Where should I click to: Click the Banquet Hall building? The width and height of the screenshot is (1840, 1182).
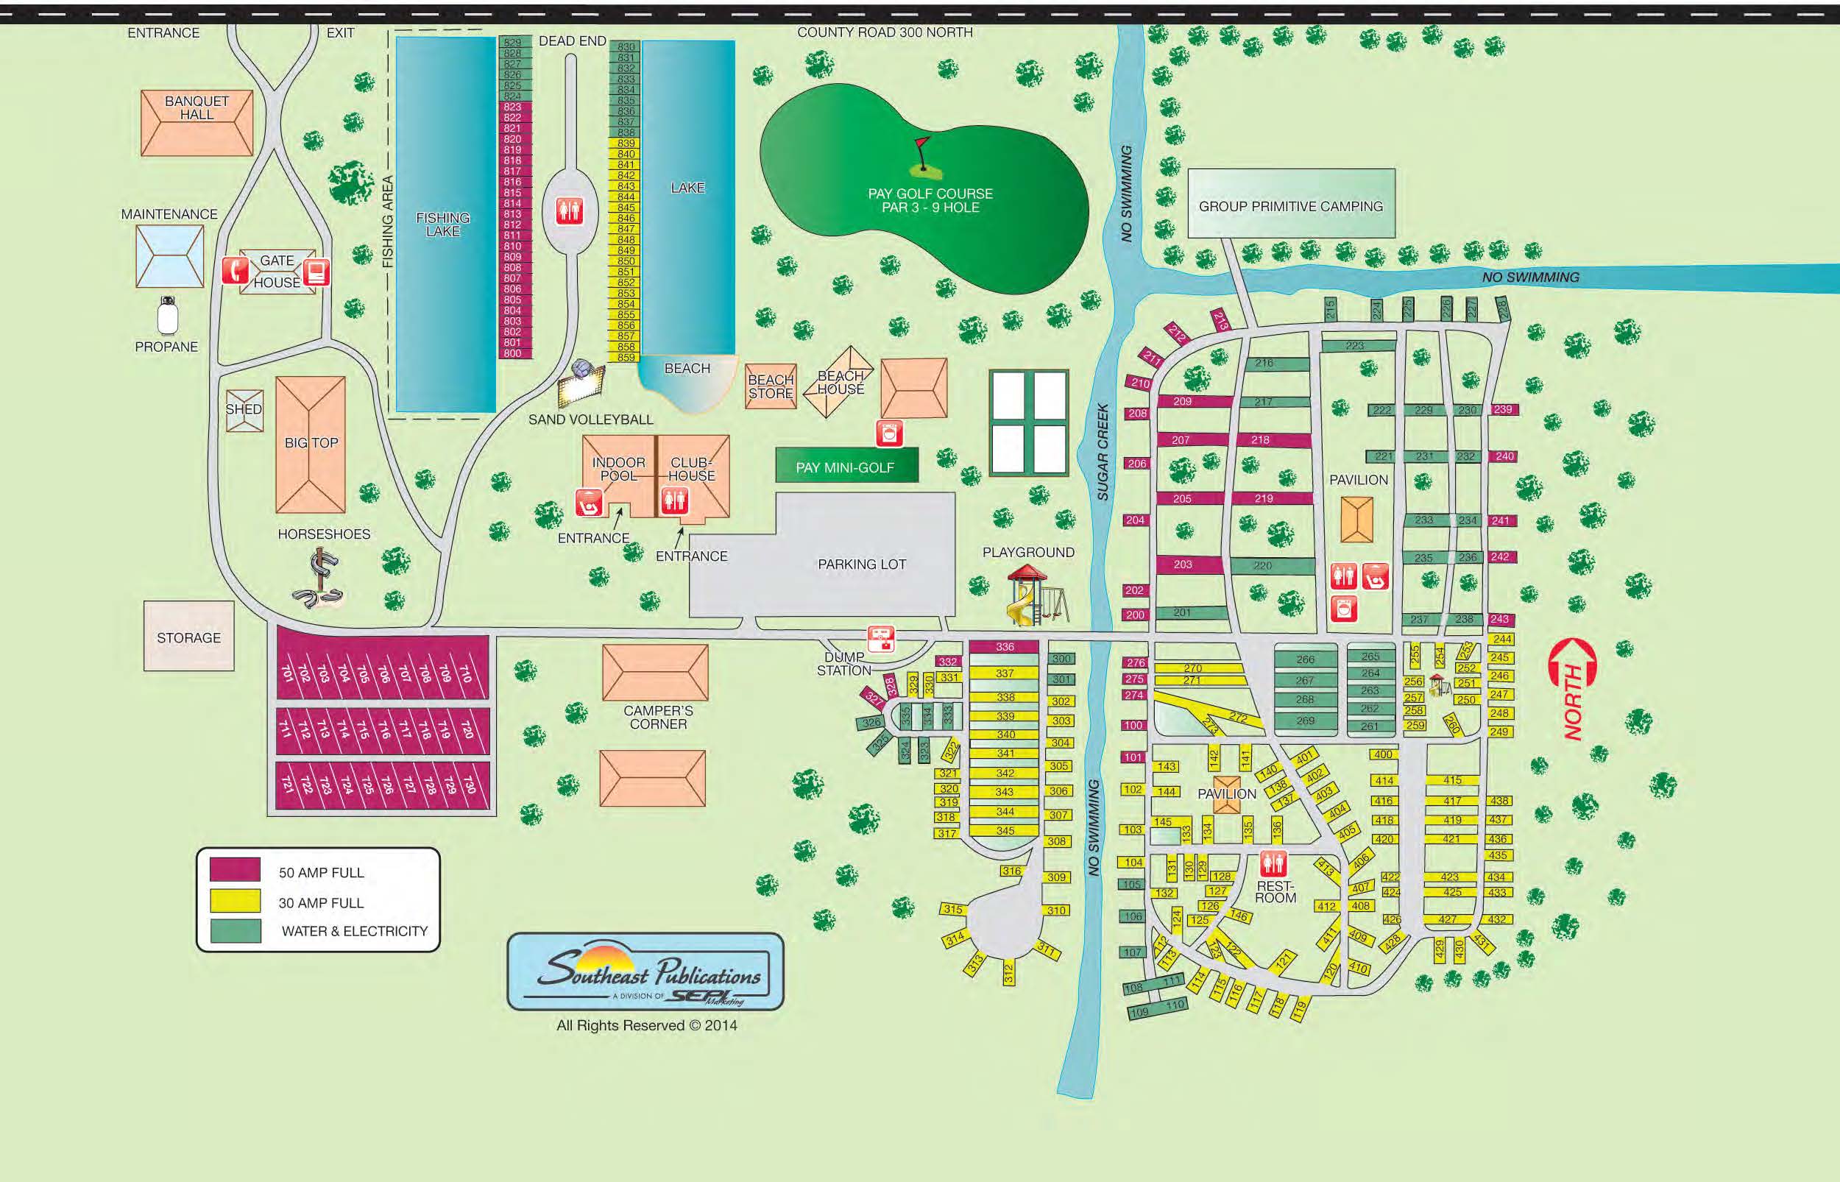[x=197, y=123]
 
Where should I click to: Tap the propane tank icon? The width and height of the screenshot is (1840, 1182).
[x=167, y=316]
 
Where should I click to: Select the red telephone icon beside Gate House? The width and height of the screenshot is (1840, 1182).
[x=235, y=270]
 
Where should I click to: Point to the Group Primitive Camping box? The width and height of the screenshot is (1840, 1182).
[x=1291, y=203]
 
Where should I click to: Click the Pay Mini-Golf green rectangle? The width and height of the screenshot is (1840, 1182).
[x=846, y=466]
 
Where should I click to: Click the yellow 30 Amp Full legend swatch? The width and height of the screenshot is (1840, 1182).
[x=235, y=901]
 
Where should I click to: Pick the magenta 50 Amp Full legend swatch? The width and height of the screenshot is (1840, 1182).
[x=235, y=871]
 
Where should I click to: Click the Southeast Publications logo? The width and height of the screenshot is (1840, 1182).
[x=645, y=972]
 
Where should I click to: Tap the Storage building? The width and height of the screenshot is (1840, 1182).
[x=188, y=637]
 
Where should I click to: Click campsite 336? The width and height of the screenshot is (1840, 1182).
[x=1004, y=647]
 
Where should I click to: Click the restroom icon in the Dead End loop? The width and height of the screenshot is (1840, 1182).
[x=570, y=210]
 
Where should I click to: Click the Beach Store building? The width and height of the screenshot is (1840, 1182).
[x=771, y=386]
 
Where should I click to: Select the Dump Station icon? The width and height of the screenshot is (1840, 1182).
[x=880, y=639]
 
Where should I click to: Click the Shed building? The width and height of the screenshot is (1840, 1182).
[x=244, y=410]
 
